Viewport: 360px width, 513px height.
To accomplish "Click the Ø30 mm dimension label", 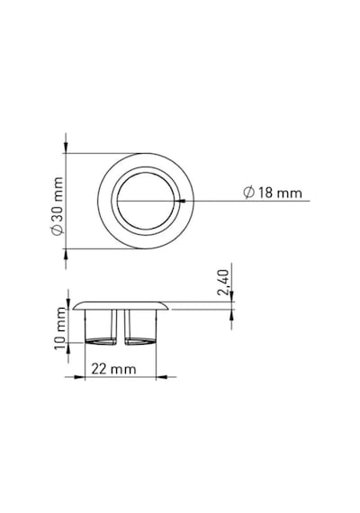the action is tap(57, 206).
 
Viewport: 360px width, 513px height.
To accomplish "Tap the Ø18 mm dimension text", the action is tap(273, 193).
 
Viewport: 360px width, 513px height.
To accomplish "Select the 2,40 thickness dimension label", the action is tap(223, 283).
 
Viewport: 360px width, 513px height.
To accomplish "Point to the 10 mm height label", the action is tap(60, 328).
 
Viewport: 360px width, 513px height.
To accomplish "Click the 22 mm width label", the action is tap(113, 369).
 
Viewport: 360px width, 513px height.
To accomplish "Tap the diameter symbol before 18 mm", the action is tap(249, 193).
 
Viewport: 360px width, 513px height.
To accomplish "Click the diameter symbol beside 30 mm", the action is tap(57, 229).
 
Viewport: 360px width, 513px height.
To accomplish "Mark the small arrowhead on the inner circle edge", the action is tap(183, 201).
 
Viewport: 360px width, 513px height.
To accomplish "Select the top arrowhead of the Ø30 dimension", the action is tap(66, 147).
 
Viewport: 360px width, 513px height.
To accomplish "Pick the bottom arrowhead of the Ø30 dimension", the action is tap(66, 255).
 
